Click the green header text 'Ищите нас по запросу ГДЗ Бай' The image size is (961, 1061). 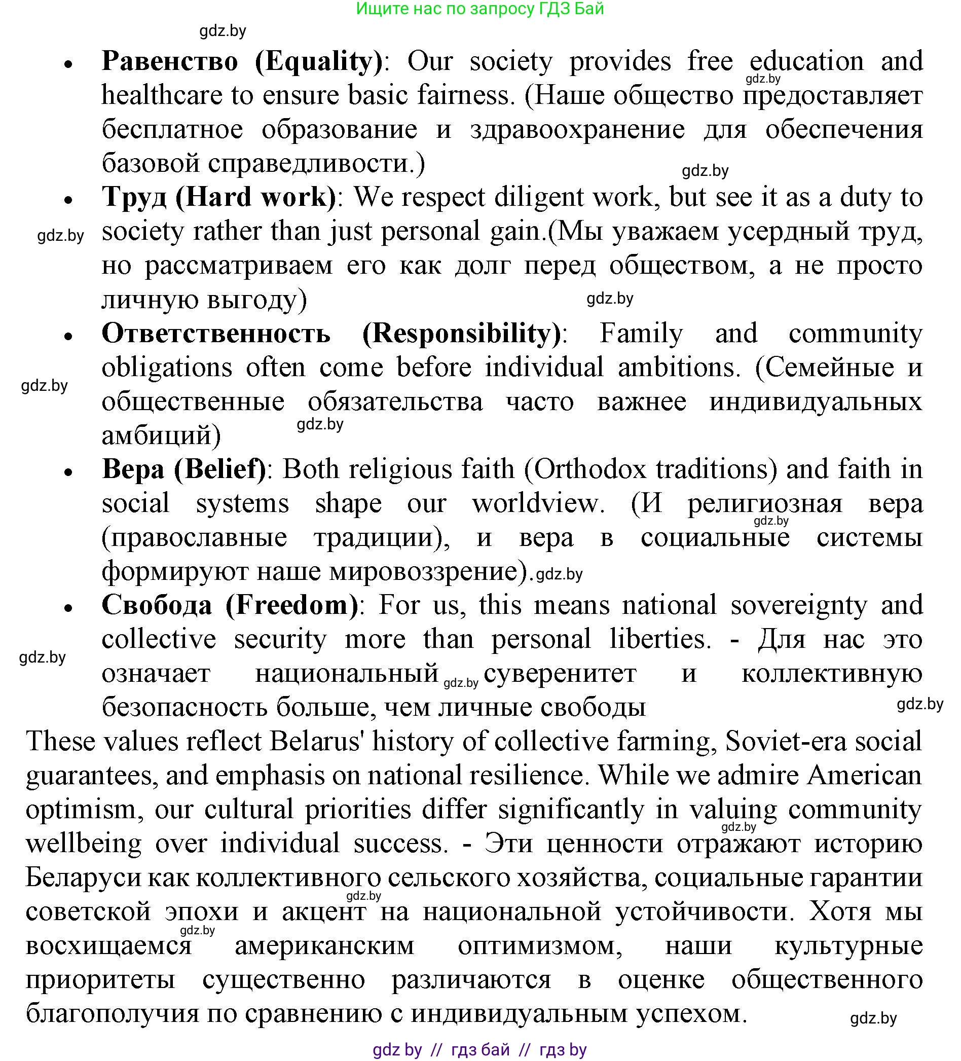click(x=479, y=9)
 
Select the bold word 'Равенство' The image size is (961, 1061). click(x=170, y=61)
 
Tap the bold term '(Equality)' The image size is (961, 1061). click(x=319, y=61)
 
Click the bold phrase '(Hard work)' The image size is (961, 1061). click(x=255, y=197)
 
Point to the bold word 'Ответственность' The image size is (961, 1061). click(x=216, y=333)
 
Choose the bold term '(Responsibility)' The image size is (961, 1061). click(x=462, y=333)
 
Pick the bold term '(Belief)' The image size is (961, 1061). click(x=220, y=469)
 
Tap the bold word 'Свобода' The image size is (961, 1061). click(x=157, y=605)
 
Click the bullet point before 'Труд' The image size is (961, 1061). click(x=68, y=201)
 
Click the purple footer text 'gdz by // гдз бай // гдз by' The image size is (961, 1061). click(x=479, y=1050)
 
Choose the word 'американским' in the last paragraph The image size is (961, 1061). click(x=325, y=946)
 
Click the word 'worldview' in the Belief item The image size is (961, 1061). click(x=536, y=503)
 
